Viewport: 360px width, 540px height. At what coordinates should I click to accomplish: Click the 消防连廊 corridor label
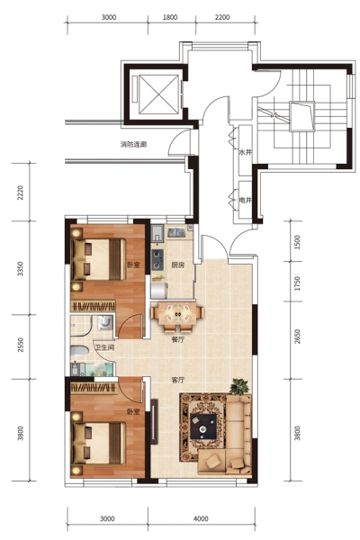click(x=133, y=144)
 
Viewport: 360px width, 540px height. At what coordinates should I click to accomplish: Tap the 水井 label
click(x=245, y=152)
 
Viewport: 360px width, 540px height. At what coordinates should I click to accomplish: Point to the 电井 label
click(x=245, y=200)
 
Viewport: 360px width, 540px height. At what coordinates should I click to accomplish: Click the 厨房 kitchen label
click(x=178, y=265)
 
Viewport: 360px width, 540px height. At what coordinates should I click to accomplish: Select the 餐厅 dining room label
click(x=178, y=339)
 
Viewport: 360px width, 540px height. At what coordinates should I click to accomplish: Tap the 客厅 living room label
click(x=178, y=380)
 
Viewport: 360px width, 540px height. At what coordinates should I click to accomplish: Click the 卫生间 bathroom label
click(x=104, y=347)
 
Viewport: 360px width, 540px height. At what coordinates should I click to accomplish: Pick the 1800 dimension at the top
click(x=170, y=17)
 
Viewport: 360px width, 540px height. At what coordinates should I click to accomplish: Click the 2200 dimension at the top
click(x=222, y=17)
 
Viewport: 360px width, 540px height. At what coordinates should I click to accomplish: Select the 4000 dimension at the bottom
click(x=201, y=518)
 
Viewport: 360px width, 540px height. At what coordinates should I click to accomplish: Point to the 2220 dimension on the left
click(x=21, y=193)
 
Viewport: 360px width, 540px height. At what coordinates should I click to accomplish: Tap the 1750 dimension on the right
click(x=297, y=283)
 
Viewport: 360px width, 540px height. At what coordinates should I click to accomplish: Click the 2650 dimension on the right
click(x=297, y=337)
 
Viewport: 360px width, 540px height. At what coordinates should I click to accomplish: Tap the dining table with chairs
click(x=177, y=314)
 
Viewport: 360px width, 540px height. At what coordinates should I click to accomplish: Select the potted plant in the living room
click(x=239, y=386)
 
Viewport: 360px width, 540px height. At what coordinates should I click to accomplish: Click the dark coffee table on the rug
click(x=203, y=426)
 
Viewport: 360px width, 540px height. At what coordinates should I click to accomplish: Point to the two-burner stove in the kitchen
click(x=157, y=260)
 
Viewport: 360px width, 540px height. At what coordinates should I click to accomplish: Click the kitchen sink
click(x=176, y=232)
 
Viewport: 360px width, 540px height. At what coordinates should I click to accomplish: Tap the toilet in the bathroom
click(x=79, y=350)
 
